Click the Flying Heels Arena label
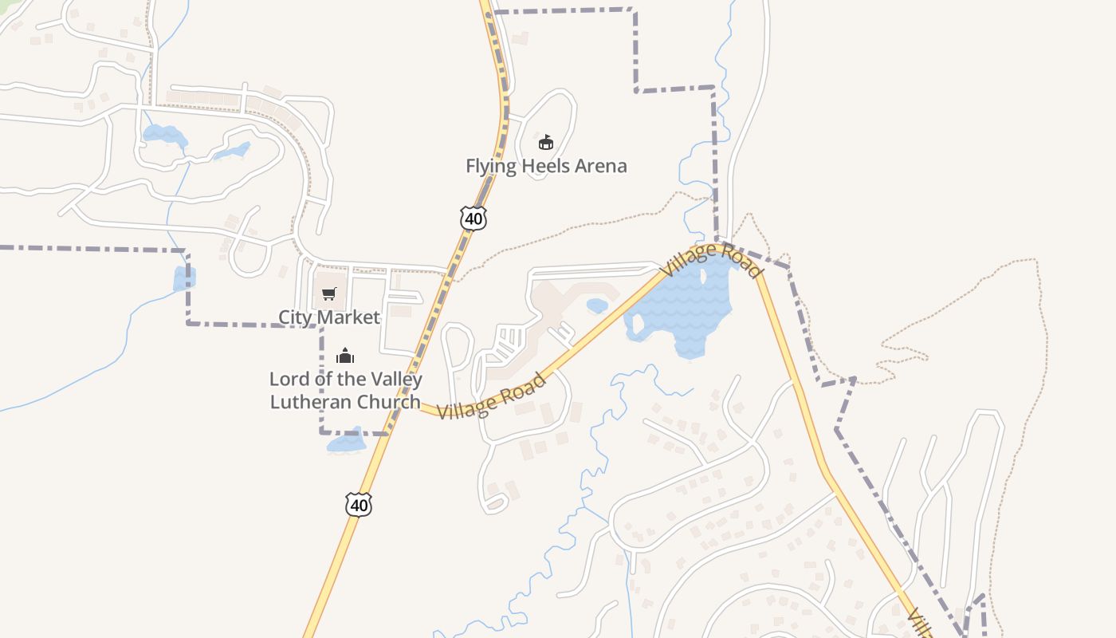(x=546, y=166)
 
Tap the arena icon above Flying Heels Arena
(x=546, y=143)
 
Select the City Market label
(x=328, y=317)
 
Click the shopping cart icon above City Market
(x=329, y=293)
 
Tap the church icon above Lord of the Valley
(x=345, y=355)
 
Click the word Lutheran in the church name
(x=307, y=401)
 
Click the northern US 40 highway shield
(x=473, y=218)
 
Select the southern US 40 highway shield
(x=359, y=504)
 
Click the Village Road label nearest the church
(x=492, y=396)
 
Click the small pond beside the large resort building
(x=597, y=305)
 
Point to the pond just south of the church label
(x=347, y=443)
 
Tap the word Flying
(x=492, y=166)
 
